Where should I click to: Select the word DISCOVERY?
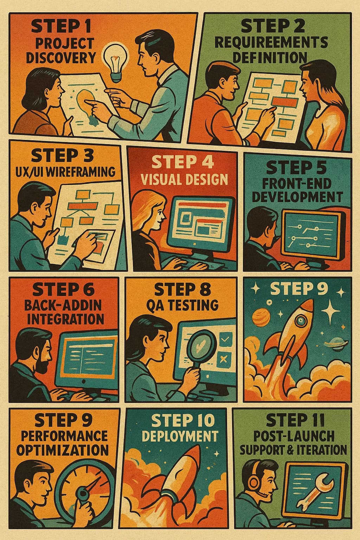click(x=61, y=58)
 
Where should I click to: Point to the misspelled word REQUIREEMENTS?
click(x=271, y=43)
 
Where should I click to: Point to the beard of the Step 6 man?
click(x=43, y=365)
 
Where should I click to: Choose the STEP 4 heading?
click(x=182, y=162)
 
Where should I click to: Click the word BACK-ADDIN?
click(x=63, y=305)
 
